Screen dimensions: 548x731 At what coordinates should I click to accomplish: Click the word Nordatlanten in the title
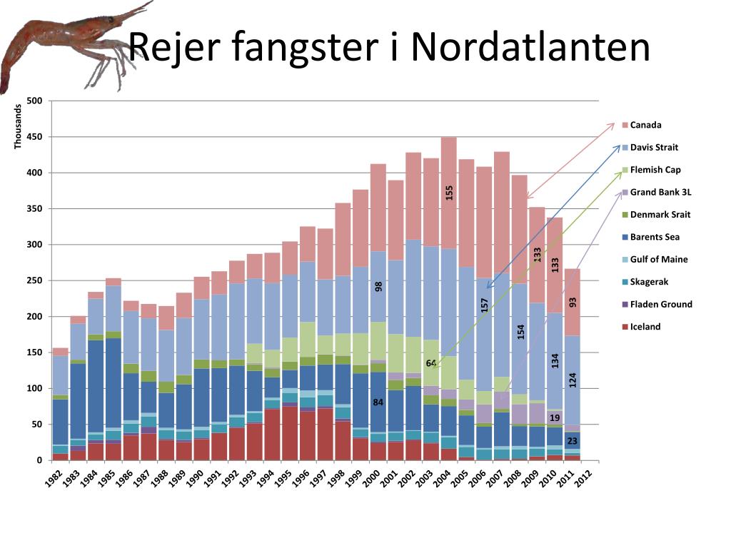pos(530,48)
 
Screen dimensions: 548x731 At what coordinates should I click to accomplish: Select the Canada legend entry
pos(645,125)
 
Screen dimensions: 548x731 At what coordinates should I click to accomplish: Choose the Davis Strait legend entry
pos(654,148)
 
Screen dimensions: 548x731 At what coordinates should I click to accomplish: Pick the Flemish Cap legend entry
pos(655,170)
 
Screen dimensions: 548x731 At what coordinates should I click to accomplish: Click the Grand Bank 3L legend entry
pos(660,193)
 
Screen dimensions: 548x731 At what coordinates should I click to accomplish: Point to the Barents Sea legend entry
pos(655,237)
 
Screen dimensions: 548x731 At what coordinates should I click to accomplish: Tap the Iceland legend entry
pos(645,327)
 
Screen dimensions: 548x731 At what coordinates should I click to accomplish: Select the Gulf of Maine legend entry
pos(659,260)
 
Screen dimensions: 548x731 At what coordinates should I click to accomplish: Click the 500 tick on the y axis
pos(34,101)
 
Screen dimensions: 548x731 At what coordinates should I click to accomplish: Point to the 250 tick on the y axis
pos(34,280)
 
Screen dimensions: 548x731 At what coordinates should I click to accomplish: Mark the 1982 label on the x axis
pos(55,479)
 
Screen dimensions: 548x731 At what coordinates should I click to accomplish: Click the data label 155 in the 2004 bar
pos(449,193)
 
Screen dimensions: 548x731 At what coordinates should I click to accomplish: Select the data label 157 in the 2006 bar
pos(484,305)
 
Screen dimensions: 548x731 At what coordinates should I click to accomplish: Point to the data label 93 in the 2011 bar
pos(573,302)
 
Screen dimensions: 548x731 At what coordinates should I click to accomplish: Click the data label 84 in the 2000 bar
pos(378,402)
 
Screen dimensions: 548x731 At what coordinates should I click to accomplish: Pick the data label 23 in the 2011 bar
pos(572,442)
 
